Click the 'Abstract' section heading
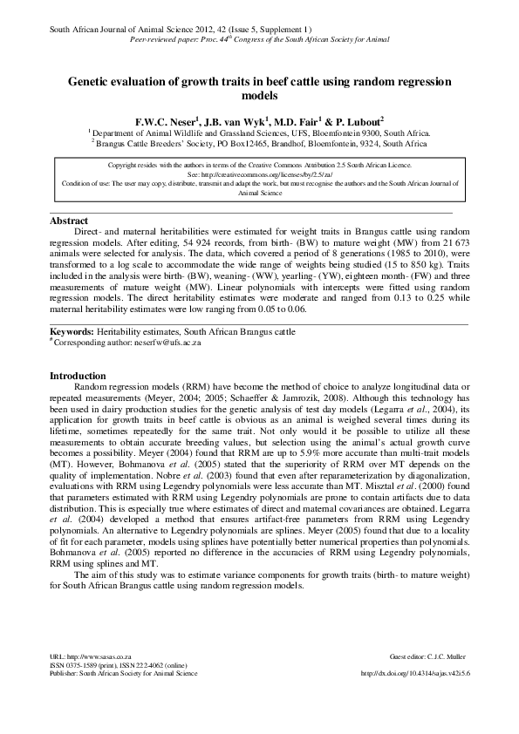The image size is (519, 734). (70, 221)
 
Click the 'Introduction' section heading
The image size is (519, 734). (79, 376)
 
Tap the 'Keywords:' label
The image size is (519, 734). (72, 332)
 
